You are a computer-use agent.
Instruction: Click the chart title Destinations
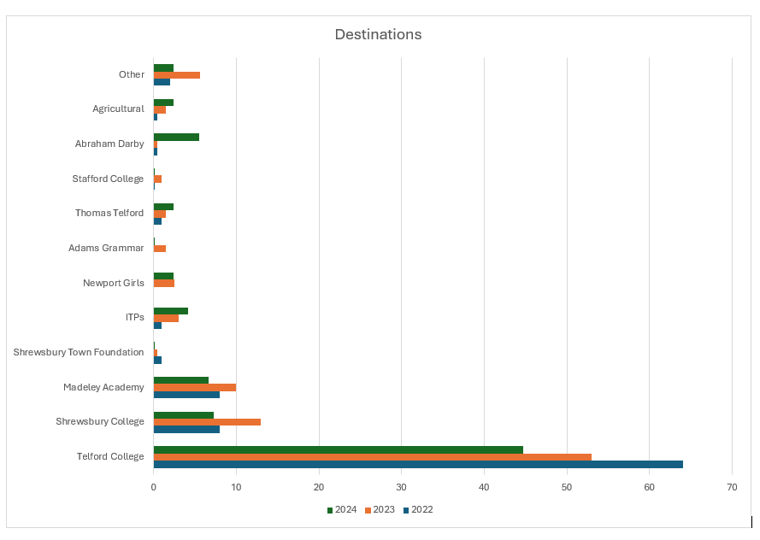click(378, 35)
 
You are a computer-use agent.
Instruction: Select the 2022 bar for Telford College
click(418, 464)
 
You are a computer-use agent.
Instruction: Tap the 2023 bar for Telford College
click(372, 456)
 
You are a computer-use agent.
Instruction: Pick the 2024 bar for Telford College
click(338, 449)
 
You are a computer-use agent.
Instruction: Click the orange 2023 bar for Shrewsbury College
click(207, 421)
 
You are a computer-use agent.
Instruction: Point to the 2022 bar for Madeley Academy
click(186, 394)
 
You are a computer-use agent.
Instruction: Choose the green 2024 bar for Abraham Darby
click(176, 137)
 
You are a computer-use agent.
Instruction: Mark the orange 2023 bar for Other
click(177, 74)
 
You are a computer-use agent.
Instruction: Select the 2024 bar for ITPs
click(171, 311)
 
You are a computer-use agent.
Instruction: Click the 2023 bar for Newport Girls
click(164, 283)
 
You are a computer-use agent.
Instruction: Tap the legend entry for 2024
click(342, 510)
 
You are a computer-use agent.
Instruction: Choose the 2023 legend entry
click(380, 510)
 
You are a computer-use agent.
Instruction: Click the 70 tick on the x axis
click(732, 487)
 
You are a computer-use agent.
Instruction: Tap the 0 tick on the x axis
click(154, 487)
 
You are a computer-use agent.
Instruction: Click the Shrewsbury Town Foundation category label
click(79, 352)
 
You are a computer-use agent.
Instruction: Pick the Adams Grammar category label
click(106, 248)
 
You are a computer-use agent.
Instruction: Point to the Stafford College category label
click(108, 179)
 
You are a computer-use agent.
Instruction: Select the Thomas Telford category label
click(109, 213)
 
